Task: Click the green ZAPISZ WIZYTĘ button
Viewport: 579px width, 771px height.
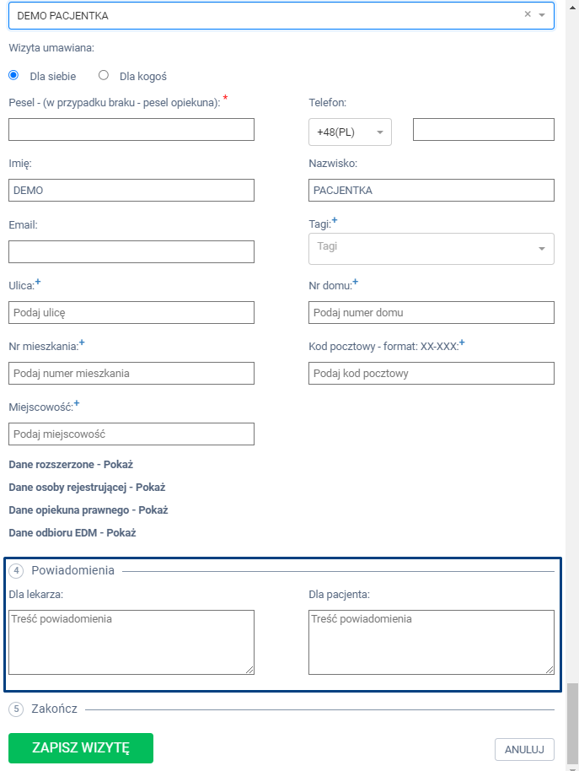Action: tap(81, 747)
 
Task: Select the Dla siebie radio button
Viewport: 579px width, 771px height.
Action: tap(13, 75)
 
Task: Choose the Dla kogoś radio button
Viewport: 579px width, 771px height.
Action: tap(104, 75)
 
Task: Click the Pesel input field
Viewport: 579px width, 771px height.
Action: tap(131, 129)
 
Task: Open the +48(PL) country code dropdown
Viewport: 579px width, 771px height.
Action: tap(350, 132)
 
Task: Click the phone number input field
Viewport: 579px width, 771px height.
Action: tap(483, 129)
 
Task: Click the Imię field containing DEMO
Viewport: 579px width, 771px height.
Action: tap(131, 191)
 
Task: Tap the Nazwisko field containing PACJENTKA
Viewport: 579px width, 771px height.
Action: tap(432, 191)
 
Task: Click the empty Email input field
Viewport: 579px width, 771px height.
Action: tap(131, 251)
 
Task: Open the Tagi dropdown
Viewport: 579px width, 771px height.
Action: tap(432, 248)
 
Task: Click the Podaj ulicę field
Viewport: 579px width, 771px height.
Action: tap(131, 312)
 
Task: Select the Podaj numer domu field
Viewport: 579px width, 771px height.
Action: tap(432, 312)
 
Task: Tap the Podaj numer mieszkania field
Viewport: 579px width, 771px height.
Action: tap(131, 373)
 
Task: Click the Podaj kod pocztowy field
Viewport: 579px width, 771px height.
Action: tap(432, 373)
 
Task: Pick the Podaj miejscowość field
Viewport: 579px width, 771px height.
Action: tap(131, 434)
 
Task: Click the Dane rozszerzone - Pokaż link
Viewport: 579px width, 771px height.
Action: tap(71, 464)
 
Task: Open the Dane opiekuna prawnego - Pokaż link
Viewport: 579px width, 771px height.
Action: tap(88, 510)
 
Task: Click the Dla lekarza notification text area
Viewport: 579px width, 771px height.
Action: tap(131, 642)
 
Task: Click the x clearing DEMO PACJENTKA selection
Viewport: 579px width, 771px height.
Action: tap(528, 14)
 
